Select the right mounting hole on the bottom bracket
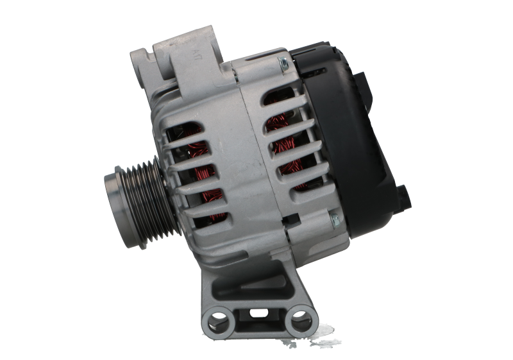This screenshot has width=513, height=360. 298,317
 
